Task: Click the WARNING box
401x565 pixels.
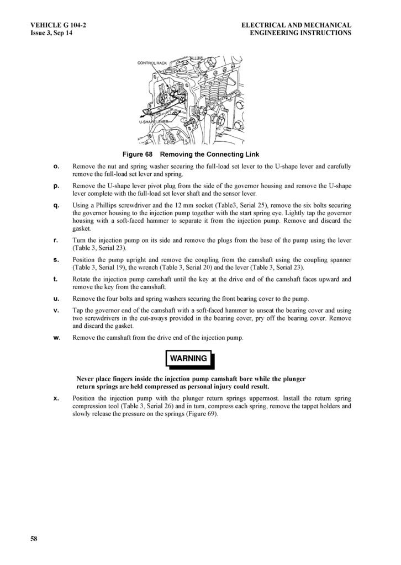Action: click(188, 359)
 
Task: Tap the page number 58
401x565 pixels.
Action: click(34, 539)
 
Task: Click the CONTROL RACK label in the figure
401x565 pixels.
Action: click(152, 63)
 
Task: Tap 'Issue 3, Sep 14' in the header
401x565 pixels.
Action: click(51, 33)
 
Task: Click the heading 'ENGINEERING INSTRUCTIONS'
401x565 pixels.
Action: click(300, 33)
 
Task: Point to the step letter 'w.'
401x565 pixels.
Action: click(56, 338)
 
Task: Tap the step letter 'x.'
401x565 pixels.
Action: click(56, 398)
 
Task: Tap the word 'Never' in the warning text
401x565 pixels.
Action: click(86, 379)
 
